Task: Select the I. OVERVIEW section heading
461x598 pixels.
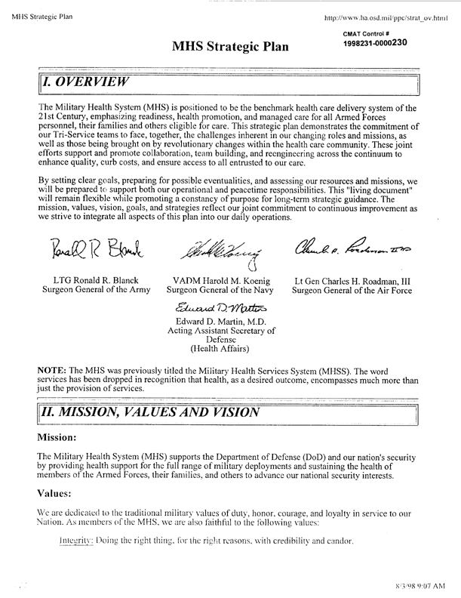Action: [x=75, y=79]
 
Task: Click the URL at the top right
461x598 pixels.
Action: [x=389, y=16]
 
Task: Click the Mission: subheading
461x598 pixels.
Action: [x=62, y=439]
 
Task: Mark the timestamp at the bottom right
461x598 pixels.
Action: [x=420, y=585]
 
